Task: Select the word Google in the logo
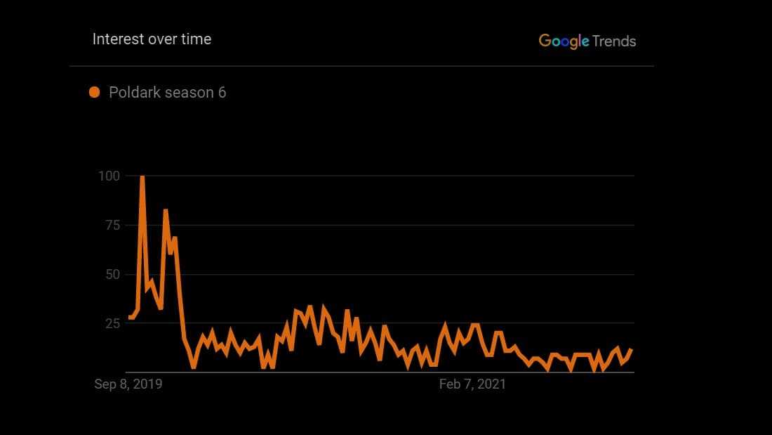(x=564, y=41)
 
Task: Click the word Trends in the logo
(x=614, y=41)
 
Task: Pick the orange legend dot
(x=95, y=92)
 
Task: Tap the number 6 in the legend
(x=222, y=92)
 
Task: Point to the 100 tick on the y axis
(x=108, y=176)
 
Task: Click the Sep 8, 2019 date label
(x=128, y=384)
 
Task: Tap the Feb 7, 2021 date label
(x=472, y=384)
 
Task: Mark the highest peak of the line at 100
(x=142, y=177)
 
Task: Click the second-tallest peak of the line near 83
(x=166, y=210)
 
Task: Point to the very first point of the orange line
(x=129, y=318)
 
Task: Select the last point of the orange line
(x=632, y=349)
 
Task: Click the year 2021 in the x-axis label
(x=491, y=384)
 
